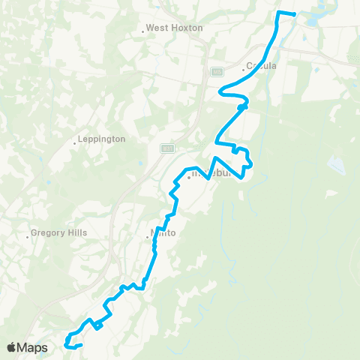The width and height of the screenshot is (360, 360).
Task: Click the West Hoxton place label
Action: click(164, 28)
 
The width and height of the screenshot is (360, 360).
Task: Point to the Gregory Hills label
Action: click(60, 233)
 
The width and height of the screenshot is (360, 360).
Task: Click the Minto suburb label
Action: click(163, 233)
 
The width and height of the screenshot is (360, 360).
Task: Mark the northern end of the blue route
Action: click(294, 14)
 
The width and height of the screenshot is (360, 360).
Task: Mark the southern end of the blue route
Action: click(79, 344)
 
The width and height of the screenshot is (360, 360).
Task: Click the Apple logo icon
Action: click(13, 347)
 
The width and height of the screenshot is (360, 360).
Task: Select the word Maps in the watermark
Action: click(33, 347)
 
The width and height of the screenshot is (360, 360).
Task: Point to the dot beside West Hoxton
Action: click(142, 31)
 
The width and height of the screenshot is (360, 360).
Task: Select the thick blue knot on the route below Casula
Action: click(241, 107)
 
